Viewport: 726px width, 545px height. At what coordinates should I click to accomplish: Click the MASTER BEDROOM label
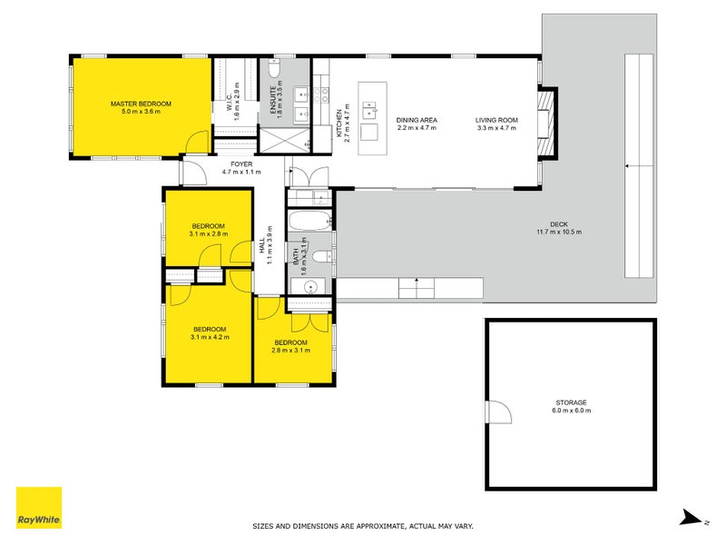tap(141, 108)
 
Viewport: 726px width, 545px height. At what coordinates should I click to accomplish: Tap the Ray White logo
tap(39, 508)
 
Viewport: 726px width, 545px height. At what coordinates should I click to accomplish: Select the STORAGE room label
tap(572, 406)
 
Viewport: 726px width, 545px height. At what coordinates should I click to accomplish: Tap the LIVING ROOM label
tap(496, 124)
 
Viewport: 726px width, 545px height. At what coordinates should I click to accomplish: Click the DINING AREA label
tap(417, 124)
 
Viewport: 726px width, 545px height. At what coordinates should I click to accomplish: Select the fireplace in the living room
tap(544, 124)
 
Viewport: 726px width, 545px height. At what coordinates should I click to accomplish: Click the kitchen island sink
tap(369, 112)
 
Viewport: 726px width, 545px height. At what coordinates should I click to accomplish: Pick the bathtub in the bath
tap(309, 222)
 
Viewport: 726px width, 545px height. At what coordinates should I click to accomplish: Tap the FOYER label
tap(241, 167)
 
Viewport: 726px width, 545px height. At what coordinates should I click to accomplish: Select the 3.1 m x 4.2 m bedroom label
tap(210, 332)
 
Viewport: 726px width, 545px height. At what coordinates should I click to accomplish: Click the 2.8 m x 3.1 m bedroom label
tap(291, 345)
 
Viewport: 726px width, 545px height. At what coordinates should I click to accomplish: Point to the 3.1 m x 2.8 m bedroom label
tap(208, 230)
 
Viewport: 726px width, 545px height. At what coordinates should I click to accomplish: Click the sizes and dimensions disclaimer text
tap(362, 526)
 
